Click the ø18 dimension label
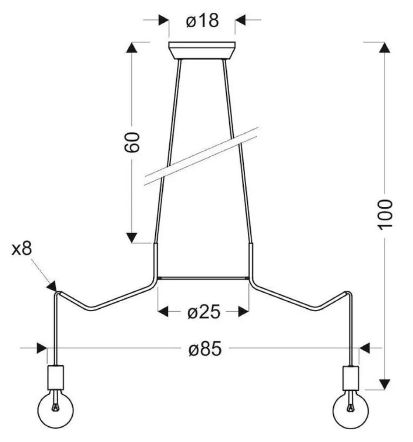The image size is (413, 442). point(202,20)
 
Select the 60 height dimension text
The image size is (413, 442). point(132,142)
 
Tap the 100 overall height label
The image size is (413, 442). point(385,215)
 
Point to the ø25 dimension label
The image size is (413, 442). point(203,312)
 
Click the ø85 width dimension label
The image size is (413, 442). point(205,349)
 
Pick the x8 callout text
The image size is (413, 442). point(22,249)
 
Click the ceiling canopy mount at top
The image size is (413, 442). point(202,50)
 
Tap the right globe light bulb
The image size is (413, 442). point(351,409)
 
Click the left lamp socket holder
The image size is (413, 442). point(56,378)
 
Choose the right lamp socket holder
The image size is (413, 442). point(351,378)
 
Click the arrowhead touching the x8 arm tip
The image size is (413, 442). point(52,286)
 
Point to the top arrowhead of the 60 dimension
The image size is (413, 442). point(132,47)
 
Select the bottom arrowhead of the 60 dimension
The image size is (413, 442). point(132,238)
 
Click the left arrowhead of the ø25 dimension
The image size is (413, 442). point(163,312)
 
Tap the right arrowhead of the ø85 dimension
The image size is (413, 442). point(365,348)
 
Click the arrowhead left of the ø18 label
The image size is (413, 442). point(164,20)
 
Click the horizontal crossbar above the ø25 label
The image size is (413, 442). point(203,278)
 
